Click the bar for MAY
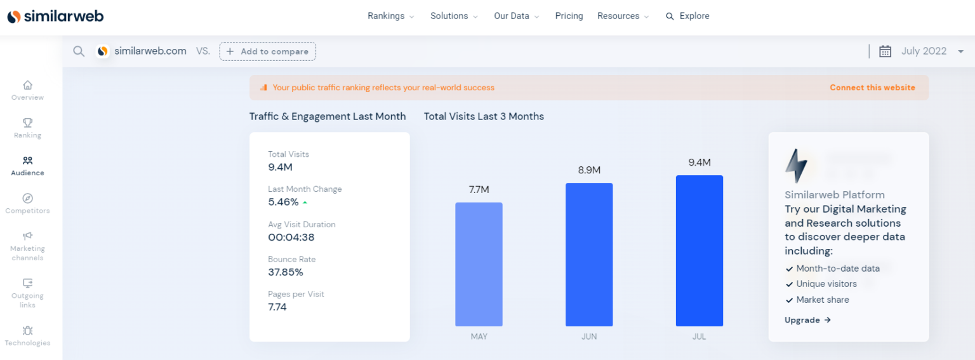479,264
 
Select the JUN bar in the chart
589,255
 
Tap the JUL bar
699,251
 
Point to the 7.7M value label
479,190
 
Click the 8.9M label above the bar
589,170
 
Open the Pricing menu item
569,16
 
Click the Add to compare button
268,51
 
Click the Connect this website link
872,88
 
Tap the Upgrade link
807,320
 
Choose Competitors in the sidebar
27,204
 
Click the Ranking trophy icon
27,123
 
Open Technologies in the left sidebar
27,336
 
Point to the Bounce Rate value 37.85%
286,272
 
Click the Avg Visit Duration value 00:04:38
291,237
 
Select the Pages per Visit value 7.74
277,307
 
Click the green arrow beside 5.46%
305,203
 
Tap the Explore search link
687,16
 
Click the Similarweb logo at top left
55,17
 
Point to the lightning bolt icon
796,166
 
